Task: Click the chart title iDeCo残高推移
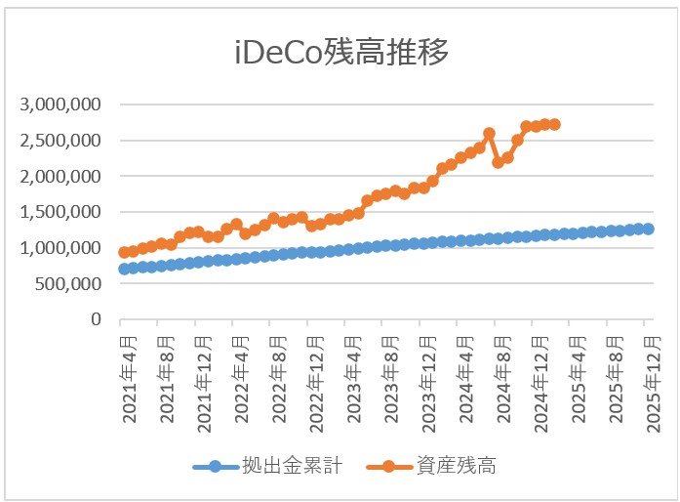[x=341, y=52]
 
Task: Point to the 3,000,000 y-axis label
[x=60, y=105]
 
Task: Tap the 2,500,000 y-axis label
[x=60, y=141]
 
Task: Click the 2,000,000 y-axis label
[x=60, y=177]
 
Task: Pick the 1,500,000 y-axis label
[x=60, y=212]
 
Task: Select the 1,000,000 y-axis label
[x=60, y=248]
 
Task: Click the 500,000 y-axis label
[x=68, y=284]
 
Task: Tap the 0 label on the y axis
[x=96, y=319]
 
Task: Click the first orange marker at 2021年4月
[x=124, y=252]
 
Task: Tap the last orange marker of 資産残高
[x=554, y=124]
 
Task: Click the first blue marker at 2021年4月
[x=124, y=269]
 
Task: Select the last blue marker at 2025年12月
[x=648, y=229]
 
